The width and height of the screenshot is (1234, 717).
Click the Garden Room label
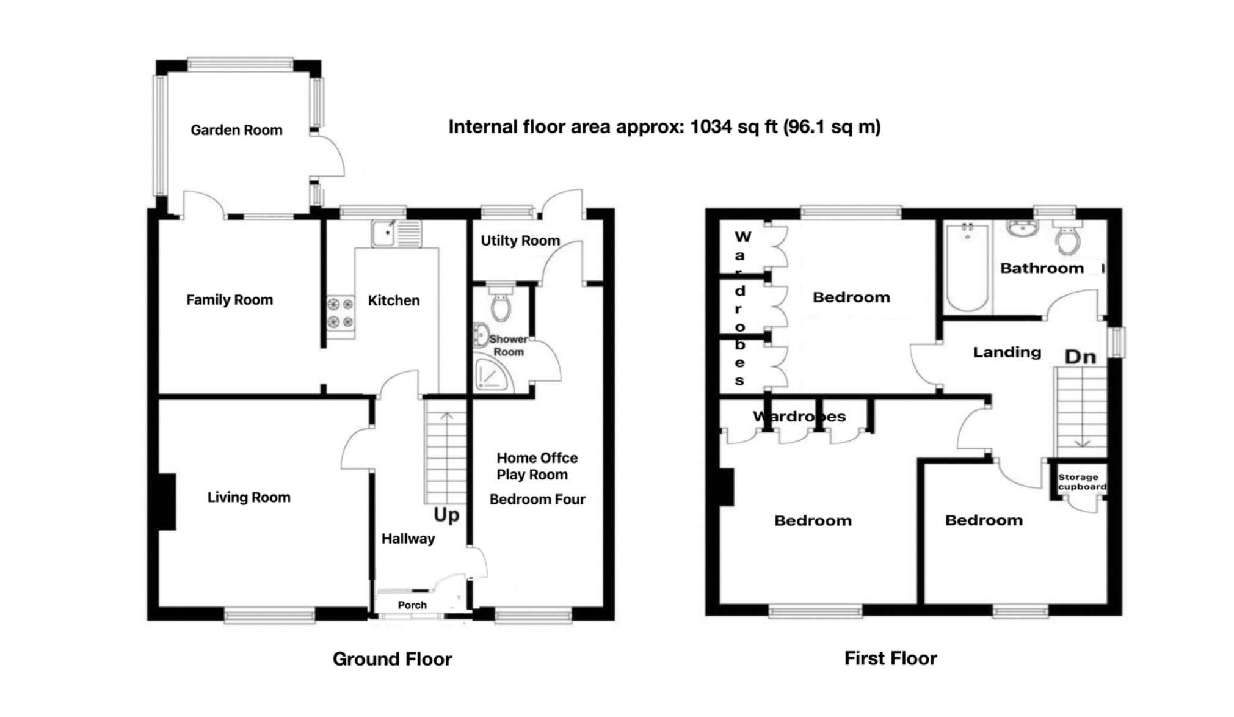click(x=236, y=130)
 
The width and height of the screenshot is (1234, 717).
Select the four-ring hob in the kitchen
click(x=340, y=313)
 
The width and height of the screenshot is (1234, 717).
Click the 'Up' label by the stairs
click(x=446, y=515)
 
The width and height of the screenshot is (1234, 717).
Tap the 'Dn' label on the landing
click(x=1080, y=357)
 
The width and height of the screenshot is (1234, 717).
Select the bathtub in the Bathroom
click(x=967, y=268)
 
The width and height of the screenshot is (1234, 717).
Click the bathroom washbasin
click(x=1022, y=228)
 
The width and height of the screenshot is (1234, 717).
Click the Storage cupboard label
click(x=1081, y=482)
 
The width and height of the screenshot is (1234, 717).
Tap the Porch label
click(x=412, y=605)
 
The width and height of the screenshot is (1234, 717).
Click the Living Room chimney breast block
click(x=167, y=501)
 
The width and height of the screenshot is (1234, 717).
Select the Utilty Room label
click(x=520, y=241)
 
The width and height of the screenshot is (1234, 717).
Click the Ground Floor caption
click(x=392, y=659)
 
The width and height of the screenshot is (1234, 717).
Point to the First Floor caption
click(x=890, y=658)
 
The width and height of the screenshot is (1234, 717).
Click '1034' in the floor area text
click(x=711, y=127)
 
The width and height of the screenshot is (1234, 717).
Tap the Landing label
click(x=1007, y=352)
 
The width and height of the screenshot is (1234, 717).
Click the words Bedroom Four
click(x=537, y=500)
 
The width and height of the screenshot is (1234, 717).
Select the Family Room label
click(x=229, y=300)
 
